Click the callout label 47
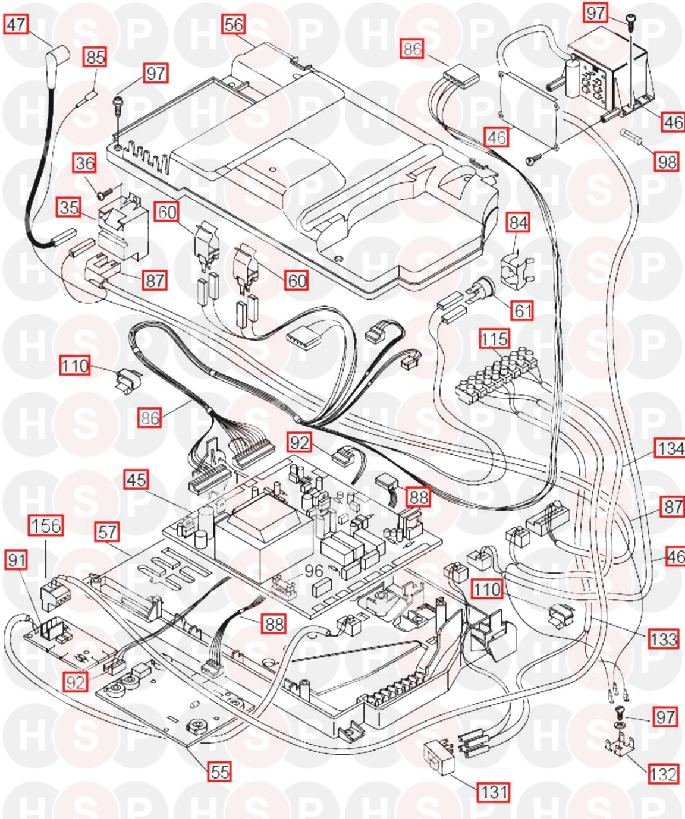(17, 26)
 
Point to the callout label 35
(70, 207)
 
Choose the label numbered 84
(518, 223)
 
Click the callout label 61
(521, 310)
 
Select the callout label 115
(494, 339)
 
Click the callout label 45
(136, 480)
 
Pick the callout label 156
(46, 525)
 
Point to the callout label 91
(17, 560)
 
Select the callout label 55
(220, 771)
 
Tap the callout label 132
(662, 774)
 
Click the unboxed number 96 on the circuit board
(314, 571)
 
